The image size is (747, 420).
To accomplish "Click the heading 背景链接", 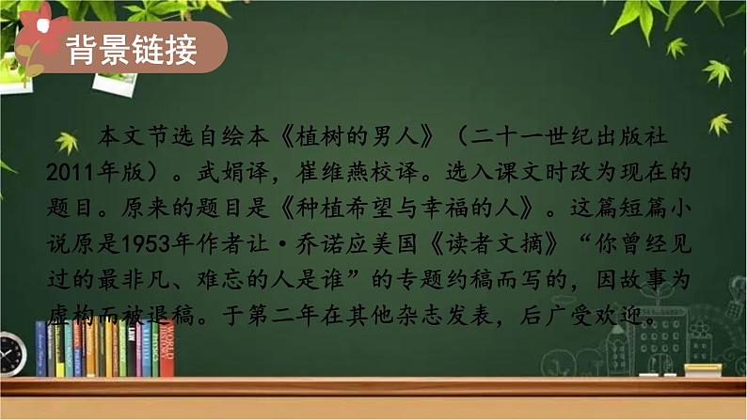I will coord(132,51).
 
